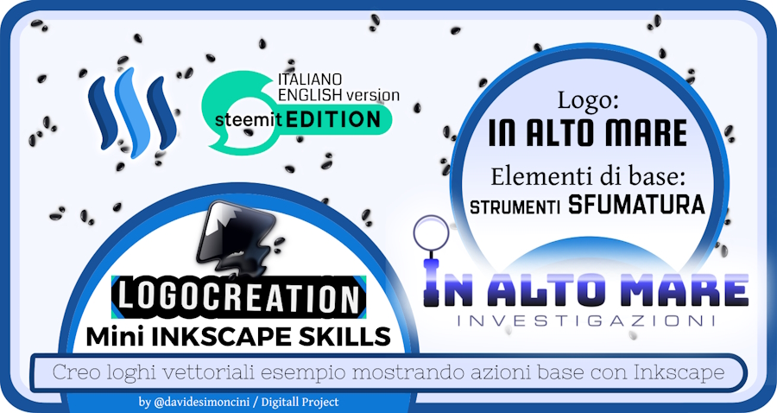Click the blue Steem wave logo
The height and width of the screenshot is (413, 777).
click(132, 113)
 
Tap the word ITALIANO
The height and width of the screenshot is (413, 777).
click(310, 79)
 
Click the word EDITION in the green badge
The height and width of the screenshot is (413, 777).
click(333, 119)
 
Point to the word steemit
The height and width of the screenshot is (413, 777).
click(249, 120)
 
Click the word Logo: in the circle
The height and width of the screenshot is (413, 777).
click(588, 99)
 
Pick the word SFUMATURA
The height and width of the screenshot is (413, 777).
click(636, 204)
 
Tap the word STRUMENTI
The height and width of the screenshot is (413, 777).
click(515, 206)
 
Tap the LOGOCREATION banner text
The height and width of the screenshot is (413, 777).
click(239, 297)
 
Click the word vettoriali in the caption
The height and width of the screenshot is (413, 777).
click(208, 373)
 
